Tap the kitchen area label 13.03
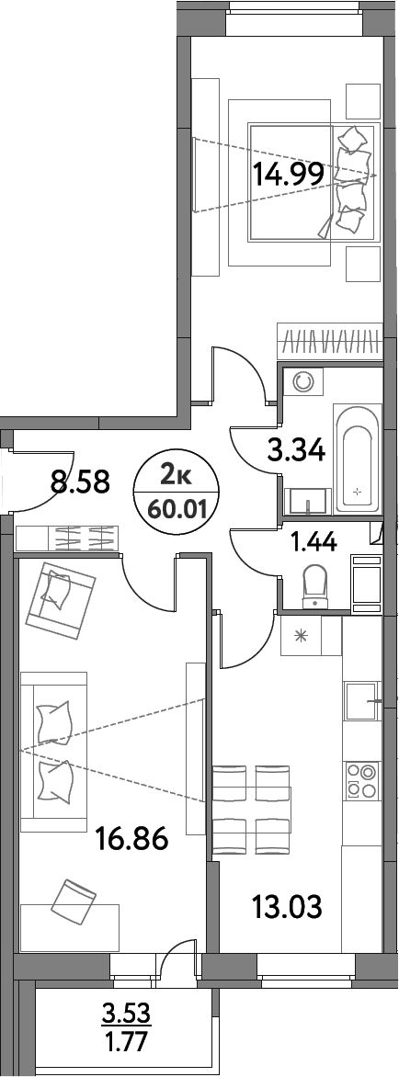click(x=287, y=908)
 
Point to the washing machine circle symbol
click(x=302, y=381)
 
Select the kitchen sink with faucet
click(x=360, y=703)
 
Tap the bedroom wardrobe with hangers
click(x=329, y=342)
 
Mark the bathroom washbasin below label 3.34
click(x=305, y=503)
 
